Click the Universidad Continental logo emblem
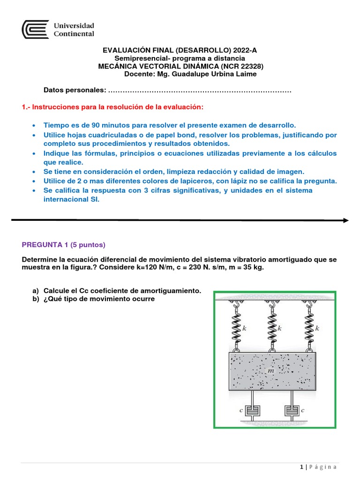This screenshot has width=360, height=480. (x=35, y=29)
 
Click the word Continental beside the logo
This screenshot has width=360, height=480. (x=75, y=34)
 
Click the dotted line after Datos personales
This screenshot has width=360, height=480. (x=200, y=90)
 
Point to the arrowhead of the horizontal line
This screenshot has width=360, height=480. (x=345, y=220)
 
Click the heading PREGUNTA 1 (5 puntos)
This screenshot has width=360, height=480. (x=64, y=244)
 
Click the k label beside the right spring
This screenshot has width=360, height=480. (x=317, y=329)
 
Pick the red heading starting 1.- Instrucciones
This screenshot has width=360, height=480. (x=113, y=107)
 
